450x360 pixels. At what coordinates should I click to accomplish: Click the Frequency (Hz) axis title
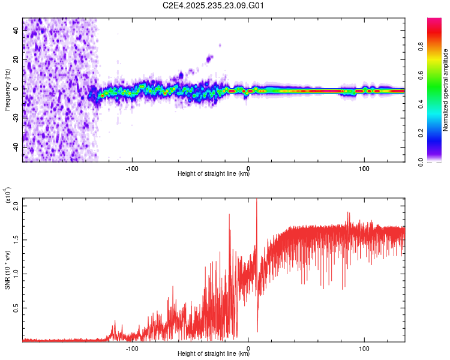[x=7, y=90]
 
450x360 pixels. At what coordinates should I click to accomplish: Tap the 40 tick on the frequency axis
[x=16, y=31]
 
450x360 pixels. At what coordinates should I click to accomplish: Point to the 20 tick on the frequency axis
[x=16, y=60]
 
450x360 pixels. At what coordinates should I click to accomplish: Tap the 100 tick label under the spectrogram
[x=364, y=167]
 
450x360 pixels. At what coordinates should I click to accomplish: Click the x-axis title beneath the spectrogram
[x=214, y=175]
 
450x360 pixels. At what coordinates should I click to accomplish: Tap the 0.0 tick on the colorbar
[x=437, y=161]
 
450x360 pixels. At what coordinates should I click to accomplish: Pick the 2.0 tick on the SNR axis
[x=16, y=206]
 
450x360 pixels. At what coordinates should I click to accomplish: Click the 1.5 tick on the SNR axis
[x=16, y=240]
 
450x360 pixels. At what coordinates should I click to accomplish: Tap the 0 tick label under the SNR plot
[x=248, y=347]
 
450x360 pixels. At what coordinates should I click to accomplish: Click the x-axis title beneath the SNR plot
[x=214, y=355]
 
